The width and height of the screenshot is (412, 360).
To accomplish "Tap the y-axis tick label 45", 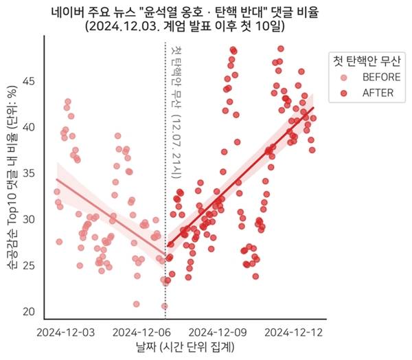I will (28, 81).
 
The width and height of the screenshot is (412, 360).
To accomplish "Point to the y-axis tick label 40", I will (28, 127).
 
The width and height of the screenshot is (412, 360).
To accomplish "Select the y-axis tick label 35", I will (28, 173).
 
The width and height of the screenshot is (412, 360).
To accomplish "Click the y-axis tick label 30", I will (28, 219).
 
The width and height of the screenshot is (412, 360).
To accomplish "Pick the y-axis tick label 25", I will (28, 265).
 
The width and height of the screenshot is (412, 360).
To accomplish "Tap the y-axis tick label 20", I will (28, 311).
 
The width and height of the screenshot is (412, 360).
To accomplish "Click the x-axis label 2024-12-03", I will (67, 332).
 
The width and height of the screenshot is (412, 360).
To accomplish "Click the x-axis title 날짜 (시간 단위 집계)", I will (184, 348).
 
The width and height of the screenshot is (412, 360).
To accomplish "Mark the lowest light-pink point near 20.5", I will (165, 306).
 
